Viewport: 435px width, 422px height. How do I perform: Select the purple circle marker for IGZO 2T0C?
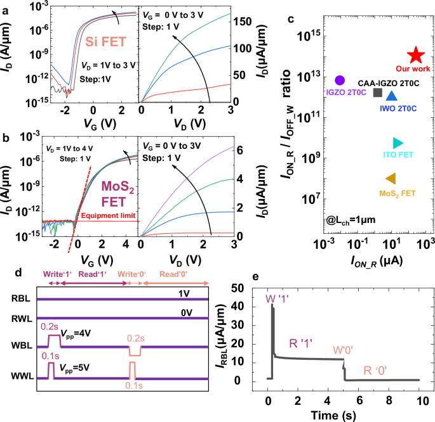pyautogui.click(x=340, y=80)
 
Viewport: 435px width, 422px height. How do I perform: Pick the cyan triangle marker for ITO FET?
pyautogui.click(x=398, y=143)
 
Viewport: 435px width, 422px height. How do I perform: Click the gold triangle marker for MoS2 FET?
pyautogui.click(x=391, y=179)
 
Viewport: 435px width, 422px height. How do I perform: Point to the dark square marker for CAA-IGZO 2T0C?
pyautogui.click(x=377, y=93)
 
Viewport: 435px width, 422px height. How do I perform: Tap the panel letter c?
pyautogui.click(x=291, y=20)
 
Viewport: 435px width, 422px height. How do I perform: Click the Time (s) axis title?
pyautogui.click(x=342, y=414)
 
